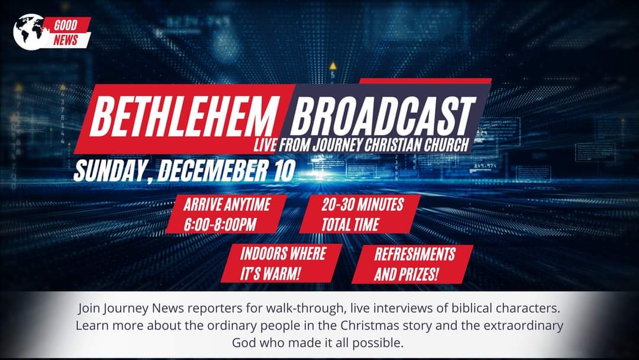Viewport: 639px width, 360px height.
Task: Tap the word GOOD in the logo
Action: coord(66,25)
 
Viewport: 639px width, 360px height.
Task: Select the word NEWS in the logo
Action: coord(65,40)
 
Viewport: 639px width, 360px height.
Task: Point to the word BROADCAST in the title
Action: coord(383,116)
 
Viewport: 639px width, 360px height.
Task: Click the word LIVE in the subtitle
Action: coord(265,145)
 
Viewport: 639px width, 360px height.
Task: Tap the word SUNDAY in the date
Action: coord(109,171)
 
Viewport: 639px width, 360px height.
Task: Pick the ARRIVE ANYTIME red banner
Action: coord(226,214)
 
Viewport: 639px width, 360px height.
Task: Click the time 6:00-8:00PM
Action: coord(220,224)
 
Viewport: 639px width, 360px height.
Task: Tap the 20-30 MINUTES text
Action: coord(363,204)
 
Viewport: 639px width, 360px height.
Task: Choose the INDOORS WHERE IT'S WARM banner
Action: coord(282,263)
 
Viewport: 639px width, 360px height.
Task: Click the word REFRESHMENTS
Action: coord(415,255)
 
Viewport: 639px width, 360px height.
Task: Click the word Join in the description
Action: coord(89,308)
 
